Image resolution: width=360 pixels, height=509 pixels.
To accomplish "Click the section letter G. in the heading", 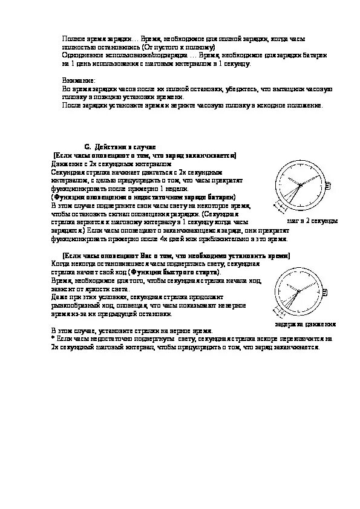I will pyautogui.click(x=87, y=147).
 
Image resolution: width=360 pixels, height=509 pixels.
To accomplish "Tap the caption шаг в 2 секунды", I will pyautogui.click(x=312, y=221).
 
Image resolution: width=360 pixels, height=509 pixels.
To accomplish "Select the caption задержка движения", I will pyautogui.click(x=305, y=325).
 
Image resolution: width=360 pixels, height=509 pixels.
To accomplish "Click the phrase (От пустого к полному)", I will pyautogui.click(x=182, y=47).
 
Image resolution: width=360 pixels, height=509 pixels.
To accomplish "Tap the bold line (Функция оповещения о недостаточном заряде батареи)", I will pyautogui.click(x=143, y=198).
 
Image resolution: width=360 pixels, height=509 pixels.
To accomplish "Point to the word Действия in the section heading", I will pyautogui.click(x=109, y=147).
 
